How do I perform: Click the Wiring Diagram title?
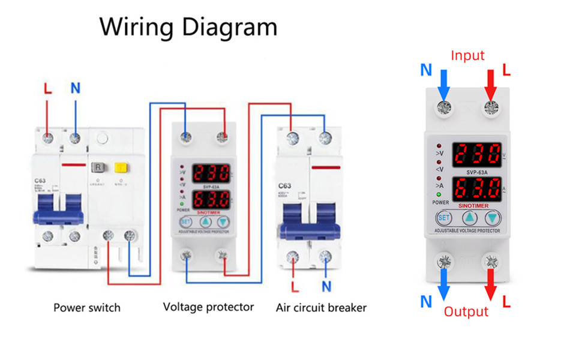pyautogui.click(x=188, y=28)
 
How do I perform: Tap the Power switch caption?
pyautogui.click(x=87, y=308)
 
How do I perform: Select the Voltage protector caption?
pyautogui.click(x=208, y=307)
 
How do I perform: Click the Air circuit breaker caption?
pyautogui.click(x=321, y=308)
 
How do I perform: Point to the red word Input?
pyautogui.click(x=467, y=56)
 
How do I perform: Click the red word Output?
pyautogui.click(x=466, y=311)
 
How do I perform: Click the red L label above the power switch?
pyautogui.click(x=48, y=88)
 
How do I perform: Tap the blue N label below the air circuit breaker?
pyautogui.click(x=326, y=286)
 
